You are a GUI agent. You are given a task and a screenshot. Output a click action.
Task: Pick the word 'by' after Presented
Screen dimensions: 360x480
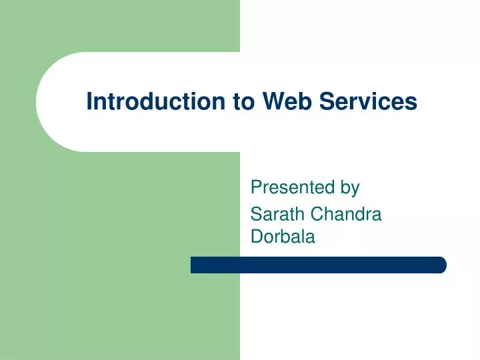(x=350, y=189)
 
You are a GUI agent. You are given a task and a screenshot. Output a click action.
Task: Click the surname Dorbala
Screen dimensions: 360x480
(x=283, y=236)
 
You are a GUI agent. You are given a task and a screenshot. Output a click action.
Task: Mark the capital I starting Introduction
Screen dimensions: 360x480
(x=89, y=101)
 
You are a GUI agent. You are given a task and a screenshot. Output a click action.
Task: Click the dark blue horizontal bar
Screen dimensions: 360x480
(x=318, y=265)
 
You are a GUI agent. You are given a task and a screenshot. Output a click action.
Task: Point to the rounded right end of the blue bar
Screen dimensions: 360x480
(x=441, y=265)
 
